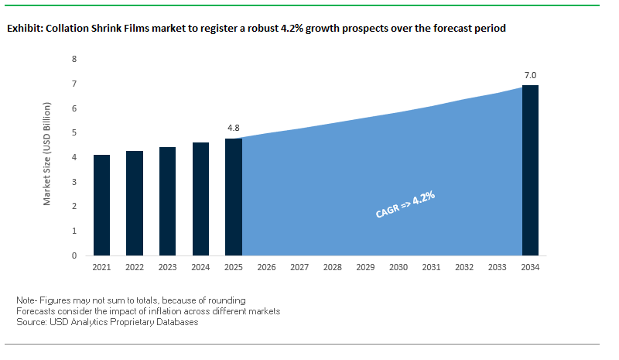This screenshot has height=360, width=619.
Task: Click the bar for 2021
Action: (x=101, y=205)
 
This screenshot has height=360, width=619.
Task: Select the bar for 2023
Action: (x=168, y=201)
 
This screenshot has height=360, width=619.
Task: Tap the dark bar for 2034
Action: (x=531, y=170)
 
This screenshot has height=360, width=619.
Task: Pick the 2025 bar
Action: (x=234, y=197)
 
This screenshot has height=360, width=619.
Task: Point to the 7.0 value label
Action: (x=531, y=75)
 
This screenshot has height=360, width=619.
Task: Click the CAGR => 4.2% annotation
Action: (x=405, y=206)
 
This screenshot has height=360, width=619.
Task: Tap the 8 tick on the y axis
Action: (x=74, y=59)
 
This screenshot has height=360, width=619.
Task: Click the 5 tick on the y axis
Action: (x=74, y=132)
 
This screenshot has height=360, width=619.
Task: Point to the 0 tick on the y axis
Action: (x=74, y=255)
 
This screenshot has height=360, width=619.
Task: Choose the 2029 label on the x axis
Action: (x=365, y=267)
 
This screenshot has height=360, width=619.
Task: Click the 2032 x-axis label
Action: (x=464, y=267)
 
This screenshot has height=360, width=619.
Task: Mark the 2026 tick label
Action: (x=266, y=267)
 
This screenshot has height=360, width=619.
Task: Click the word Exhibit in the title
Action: (x=25, y=29)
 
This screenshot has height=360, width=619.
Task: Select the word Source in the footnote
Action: (x=31, y=322)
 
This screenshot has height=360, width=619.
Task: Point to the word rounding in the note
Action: (x=227, y=300)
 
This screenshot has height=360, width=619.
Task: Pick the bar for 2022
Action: (x=135, y=203)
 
